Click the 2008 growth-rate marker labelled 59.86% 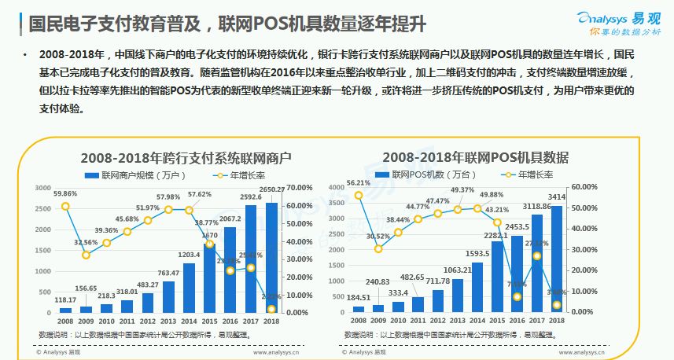(65, 206)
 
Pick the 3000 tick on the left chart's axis (45, 188)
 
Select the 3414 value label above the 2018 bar (557, 197)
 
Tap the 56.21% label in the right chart (359, 182)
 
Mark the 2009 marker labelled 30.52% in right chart (379, 248)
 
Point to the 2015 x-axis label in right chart (497, 321)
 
